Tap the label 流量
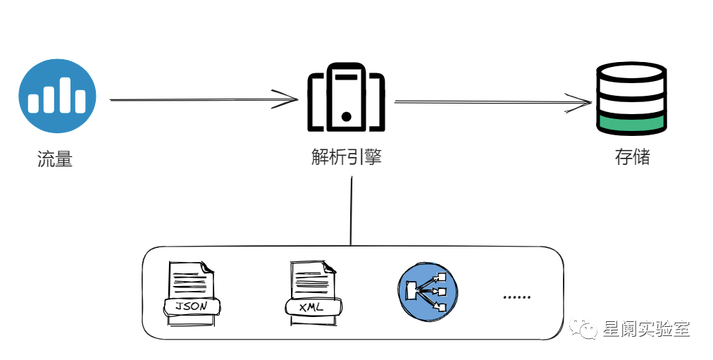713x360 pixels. pos(55,159)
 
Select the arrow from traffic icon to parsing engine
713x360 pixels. pos(204,99)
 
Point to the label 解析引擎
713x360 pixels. pos(347,156)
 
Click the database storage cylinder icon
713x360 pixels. pos(631,99)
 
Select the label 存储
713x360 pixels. pos(631,156)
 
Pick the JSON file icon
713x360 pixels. pos(191,293)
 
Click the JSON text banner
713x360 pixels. pos(192,306)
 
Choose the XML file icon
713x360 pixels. pos(311,293)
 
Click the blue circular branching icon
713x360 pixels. pos(428,290)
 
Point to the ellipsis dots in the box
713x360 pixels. pos(517,297)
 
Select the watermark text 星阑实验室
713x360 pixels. pos(646,329)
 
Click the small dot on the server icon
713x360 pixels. pos(346,115)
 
